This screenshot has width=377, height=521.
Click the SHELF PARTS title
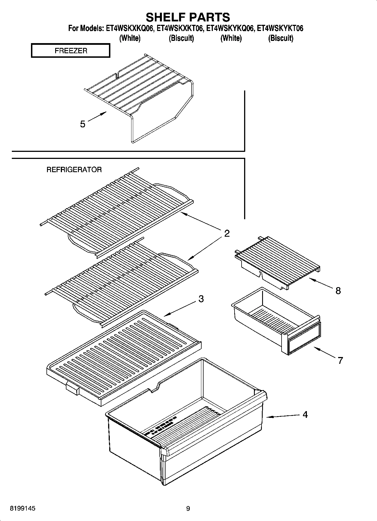(188, 17)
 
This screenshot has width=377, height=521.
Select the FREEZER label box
(71, 51)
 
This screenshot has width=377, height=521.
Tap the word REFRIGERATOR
(74, 170)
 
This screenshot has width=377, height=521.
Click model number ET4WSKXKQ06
(130, 28)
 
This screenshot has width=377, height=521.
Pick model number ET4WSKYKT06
(280, 28)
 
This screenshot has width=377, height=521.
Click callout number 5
(82, 124)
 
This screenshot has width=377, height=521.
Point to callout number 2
(227, 233)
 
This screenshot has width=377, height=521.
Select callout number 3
(201, 299)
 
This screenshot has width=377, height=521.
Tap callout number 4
(305, 414)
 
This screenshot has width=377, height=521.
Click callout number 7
(340, 360)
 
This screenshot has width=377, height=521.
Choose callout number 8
(338, 291)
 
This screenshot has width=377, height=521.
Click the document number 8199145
(23, 508)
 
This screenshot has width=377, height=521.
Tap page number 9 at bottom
(188, 508)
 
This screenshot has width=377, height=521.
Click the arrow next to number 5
(97, 116)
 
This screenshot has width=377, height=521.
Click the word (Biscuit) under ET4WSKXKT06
(181, 38)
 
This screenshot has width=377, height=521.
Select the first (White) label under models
(130, 38)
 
